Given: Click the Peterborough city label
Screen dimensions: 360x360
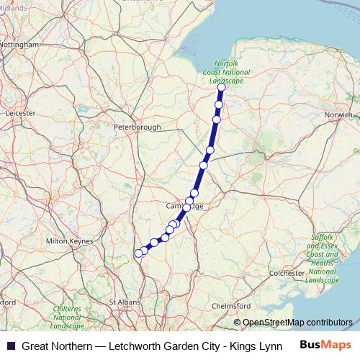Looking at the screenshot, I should (138, 127).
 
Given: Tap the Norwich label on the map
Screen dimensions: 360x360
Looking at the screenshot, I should (338, 114).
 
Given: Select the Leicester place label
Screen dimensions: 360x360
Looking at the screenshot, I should (20, 113).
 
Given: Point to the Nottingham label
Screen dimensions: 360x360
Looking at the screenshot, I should (19, 45).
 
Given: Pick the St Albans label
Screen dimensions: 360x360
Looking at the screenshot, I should (124, 302).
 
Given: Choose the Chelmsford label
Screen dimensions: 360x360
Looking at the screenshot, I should (231, 306).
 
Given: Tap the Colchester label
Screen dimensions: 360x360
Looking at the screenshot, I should (287, 274).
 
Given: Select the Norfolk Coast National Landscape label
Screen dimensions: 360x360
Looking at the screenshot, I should (232, 73).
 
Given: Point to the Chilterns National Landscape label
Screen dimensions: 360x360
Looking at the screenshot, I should (68, 317).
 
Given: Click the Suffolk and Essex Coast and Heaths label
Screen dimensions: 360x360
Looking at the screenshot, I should (323, 258).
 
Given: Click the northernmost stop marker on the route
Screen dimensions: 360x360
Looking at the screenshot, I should (221, 88).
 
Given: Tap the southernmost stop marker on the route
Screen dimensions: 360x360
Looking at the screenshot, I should (138, 253).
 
